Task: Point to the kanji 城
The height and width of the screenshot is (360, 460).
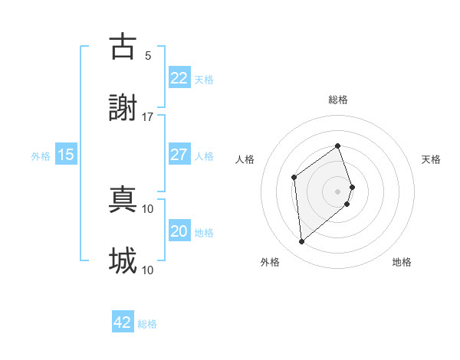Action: [123, 260]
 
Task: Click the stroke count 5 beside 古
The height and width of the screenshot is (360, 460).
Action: [148, 55]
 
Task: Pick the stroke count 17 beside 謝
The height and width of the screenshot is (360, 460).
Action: [148, 116]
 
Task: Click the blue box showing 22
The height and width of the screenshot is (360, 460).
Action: [179, 78]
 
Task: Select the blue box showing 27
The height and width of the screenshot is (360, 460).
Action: [179, 155]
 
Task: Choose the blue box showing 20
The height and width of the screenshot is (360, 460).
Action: [179, 231]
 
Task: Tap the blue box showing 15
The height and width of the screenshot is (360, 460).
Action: [66, 155]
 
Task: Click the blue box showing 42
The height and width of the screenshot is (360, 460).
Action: [123, 322]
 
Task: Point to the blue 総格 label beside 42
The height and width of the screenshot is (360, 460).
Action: [147, 324]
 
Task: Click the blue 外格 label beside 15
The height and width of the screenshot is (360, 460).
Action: [41, 156]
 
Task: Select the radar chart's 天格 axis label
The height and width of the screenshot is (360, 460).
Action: [432, 159]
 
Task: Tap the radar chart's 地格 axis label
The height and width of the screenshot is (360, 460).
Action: [402, 262]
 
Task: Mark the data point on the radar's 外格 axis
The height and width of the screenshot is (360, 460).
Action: [302, 242]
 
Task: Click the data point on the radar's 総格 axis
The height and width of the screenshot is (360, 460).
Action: [337, 146]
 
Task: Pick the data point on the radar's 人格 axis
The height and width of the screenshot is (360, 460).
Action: [294, 178]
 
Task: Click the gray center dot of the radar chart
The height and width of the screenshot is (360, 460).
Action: [337, 191]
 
